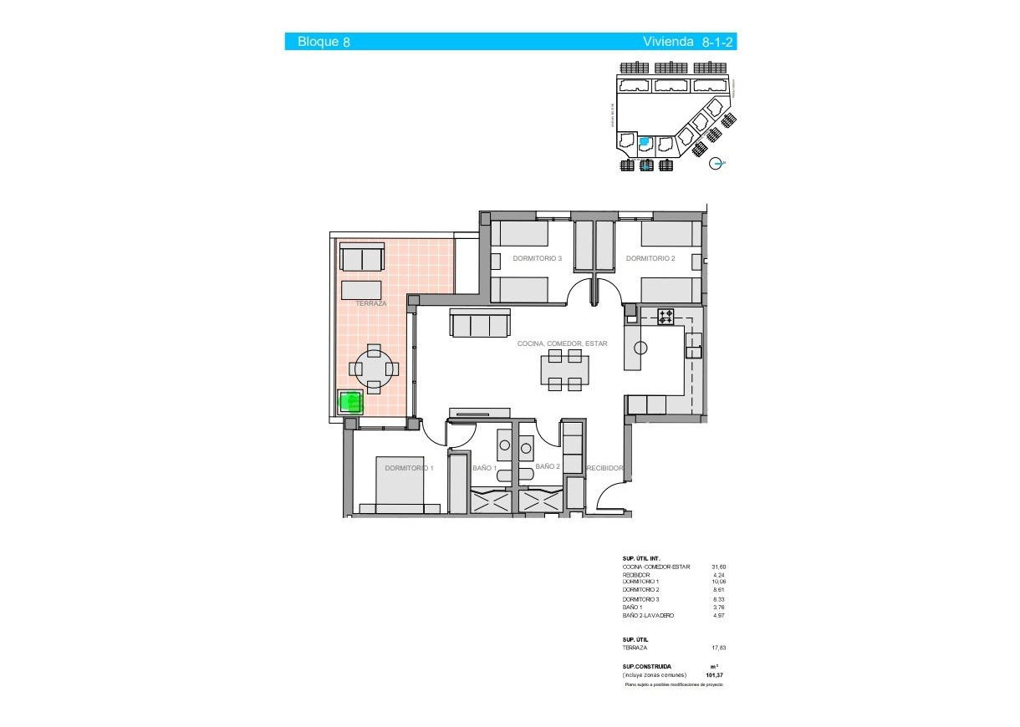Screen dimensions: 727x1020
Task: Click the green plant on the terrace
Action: pos(350,402)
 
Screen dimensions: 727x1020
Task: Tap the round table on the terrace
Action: pos(374,369)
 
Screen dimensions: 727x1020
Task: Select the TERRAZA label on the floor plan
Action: pos(371,303)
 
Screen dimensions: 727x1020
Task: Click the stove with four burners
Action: pos(666,316)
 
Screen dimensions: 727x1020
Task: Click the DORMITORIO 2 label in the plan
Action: pos(650,259)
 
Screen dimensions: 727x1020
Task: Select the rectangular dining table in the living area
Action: pos(565,369)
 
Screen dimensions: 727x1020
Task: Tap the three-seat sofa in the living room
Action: pos(479,323)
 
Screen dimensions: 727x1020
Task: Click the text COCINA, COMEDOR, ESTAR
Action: pos(562,343)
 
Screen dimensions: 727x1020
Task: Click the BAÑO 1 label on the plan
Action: pos(484,468)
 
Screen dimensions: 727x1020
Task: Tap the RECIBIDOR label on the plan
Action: pos(604,469)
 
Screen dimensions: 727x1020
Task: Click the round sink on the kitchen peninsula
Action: pos(641,348)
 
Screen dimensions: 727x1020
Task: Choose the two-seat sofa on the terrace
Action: pos(361,259)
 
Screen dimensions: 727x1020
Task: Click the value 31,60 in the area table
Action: pos(718,567)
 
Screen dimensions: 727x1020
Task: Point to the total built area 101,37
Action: pos(715,674)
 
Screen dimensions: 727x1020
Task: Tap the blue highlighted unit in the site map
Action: pos(645,143)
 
